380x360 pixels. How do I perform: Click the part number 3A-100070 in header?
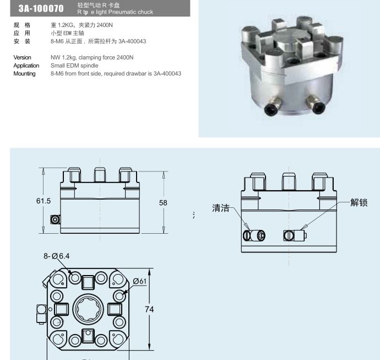41,8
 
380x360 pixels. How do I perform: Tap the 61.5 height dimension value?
44,201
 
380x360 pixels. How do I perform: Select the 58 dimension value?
163,203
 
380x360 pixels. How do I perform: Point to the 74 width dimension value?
149,309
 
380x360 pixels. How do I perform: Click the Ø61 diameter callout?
139,282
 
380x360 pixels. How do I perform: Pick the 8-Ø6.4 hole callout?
57,256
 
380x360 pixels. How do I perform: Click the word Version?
23,57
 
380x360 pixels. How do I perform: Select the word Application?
26,66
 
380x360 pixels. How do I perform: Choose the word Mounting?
24,74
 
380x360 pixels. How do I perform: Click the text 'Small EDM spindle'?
74,66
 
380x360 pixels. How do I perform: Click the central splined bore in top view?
88,309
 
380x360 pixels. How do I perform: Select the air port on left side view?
55,219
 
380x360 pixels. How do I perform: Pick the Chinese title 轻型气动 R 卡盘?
99,5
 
